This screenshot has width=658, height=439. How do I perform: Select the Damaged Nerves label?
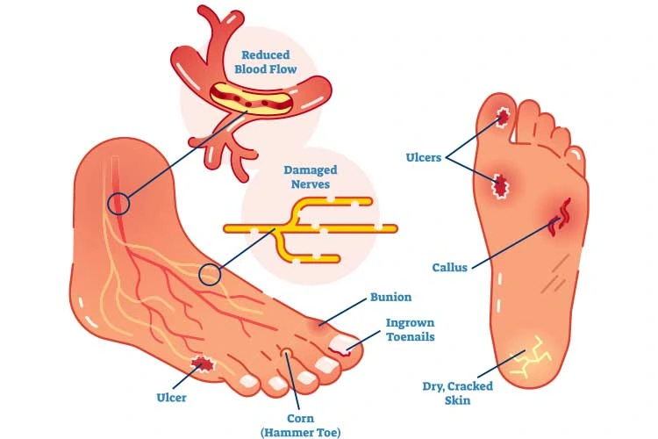click(311, 176)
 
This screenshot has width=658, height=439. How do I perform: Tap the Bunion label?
click(390, 298)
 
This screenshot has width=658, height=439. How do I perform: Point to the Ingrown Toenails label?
click(410, 329)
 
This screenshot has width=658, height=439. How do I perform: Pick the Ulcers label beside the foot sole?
click(424, 158)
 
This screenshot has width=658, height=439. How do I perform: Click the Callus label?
click(450, 267)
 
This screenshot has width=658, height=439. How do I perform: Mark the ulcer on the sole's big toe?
click(504, 117)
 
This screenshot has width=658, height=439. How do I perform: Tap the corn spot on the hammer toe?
click(285, 354)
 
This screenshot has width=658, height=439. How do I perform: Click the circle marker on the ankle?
click(118, 205)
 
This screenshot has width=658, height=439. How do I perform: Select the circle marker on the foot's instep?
click(209, 275)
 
